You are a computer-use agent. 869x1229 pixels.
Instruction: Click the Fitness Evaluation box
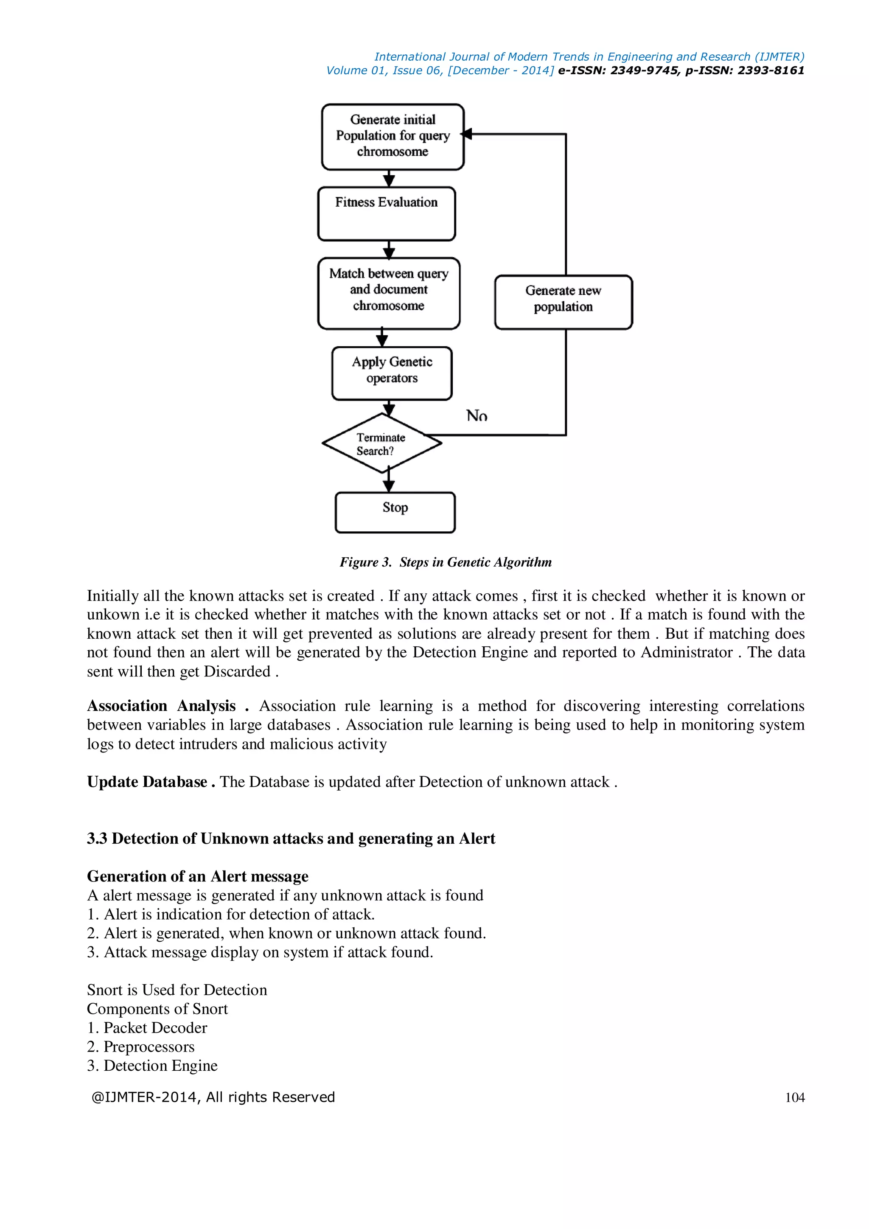click(x=387, y=213)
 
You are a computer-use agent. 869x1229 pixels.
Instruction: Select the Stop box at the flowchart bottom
click(x=395, y=512)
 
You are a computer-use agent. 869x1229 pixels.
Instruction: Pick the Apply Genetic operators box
click(x=392, y=373)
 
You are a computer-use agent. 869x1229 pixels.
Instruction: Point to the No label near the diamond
click(x=476, y=415)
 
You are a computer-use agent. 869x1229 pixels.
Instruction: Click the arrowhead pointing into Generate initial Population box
click(x=467, y=134)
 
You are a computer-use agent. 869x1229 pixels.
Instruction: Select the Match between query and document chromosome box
click(x=389, y=293)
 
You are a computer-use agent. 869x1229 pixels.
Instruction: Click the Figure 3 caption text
click(x=445, y=562)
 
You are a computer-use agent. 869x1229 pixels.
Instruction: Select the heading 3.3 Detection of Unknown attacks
click(x=291, y=838)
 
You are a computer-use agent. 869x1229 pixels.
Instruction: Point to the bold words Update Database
click(x=147, y=782)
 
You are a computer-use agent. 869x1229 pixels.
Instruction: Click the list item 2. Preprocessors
click(x=141, y=1047)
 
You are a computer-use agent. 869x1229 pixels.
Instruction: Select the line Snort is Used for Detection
click(x=177, y=990)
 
